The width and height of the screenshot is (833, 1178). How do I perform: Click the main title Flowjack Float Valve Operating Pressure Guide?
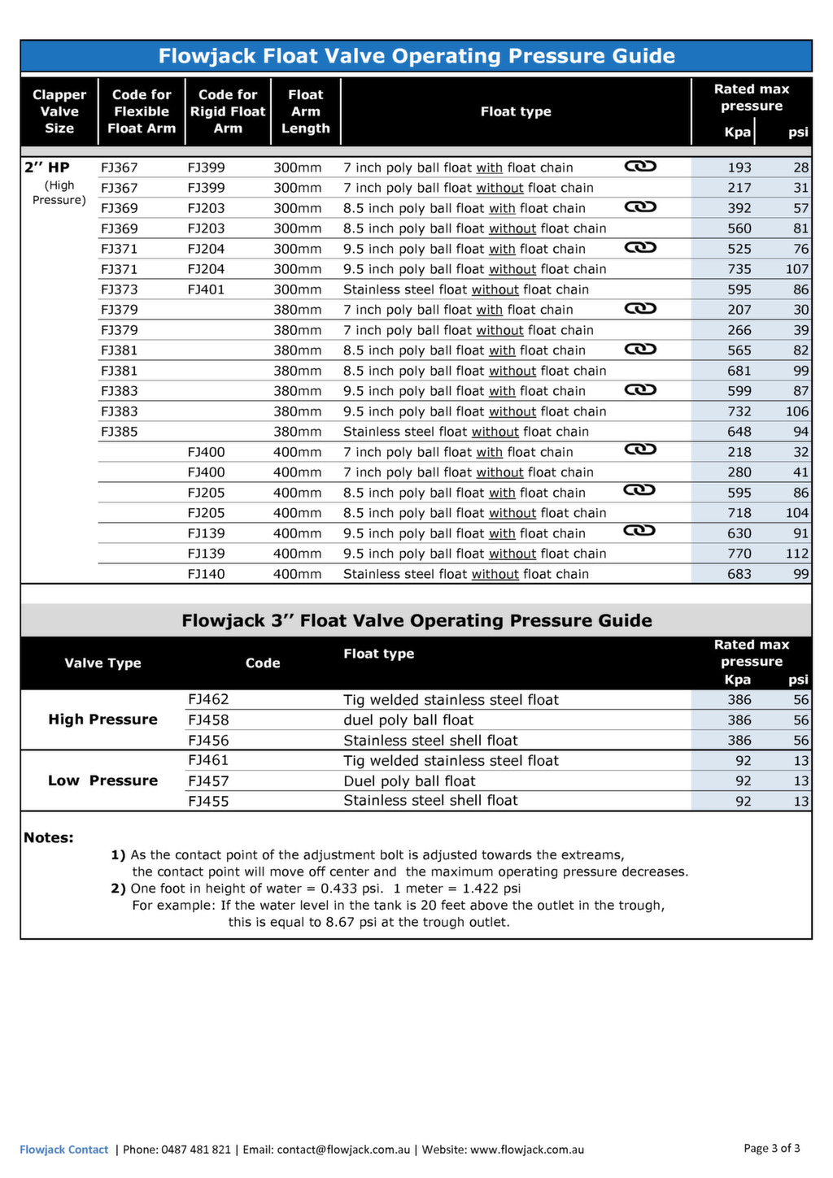pos(416,56)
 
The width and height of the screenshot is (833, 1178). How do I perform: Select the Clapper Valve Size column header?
pos(59,111)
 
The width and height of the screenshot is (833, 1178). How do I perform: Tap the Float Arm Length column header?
pos(305,111)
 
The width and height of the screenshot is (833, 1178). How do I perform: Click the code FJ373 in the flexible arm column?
pos(120,289)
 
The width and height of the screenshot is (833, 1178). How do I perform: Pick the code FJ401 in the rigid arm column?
pos(206,289)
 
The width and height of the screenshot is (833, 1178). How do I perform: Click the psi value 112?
pos(796,554)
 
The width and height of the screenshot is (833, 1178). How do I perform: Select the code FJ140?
pos(206,574)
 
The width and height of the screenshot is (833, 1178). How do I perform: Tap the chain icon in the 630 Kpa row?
pos(640,531)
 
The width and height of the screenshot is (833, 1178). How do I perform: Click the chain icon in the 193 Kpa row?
pos(640,166)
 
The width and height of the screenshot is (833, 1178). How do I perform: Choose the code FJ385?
pos(120,432)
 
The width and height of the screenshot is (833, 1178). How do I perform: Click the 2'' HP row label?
pos(47,167)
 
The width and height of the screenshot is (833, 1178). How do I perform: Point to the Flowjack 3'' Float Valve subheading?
pos(416,621)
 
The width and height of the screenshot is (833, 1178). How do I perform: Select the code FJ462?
pos(208,699)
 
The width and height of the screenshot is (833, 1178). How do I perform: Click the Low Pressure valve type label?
pos(102,780)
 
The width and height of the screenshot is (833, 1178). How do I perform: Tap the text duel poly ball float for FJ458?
pos(408,720)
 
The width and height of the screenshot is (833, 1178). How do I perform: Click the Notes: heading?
pos(49,838)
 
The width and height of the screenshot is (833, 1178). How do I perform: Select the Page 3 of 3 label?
pos(771,1148)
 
